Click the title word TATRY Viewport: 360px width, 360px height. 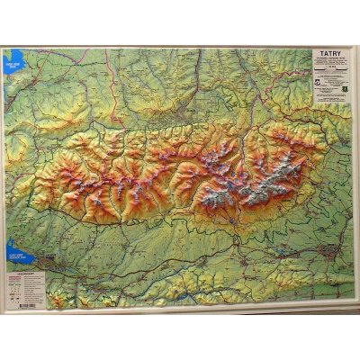[326, 54]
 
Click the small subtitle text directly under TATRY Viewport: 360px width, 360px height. [326, 60]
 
